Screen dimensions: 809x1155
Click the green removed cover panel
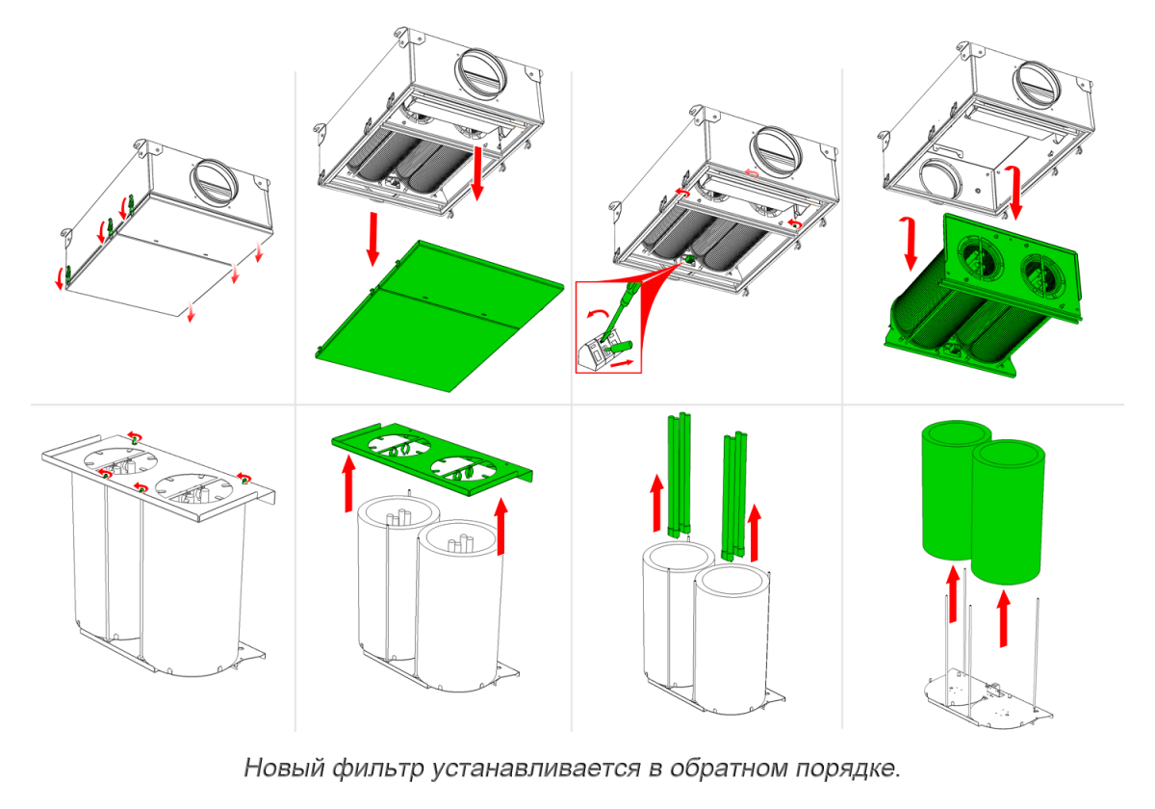tap(438, 313)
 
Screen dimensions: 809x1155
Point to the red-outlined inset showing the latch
tap(608, 326)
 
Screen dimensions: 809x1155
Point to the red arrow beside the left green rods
tap(657, 501)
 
